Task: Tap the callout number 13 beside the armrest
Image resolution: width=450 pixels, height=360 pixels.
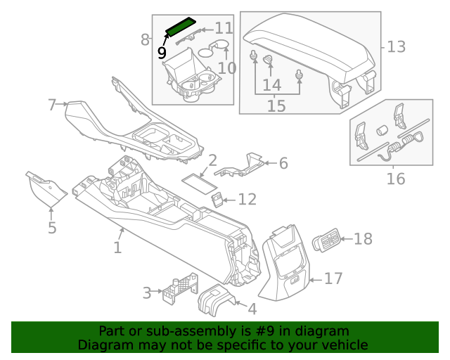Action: pyautogui.click(x=396, y=47)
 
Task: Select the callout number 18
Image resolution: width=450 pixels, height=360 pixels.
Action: pyautogui.click(x=363, y=239)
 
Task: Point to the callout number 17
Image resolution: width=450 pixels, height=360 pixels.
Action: pyautogui.click(x=333, y=279)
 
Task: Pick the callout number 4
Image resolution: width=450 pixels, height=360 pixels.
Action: pyautogui.click(x=252, y=307)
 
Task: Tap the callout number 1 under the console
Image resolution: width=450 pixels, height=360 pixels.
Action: pyautogui.click(x=117, y=247)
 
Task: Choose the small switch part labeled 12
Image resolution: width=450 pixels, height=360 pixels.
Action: pyautogui.click(x=219, y=200)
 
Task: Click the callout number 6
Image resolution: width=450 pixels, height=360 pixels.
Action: pyautogui.click(x=283, y=163)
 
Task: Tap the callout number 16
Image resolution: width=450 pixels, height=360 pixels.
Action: pyautogui.click(x=396, y=179)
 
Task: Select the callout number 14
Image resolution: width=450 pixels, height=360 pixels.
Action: pyautogui.click(x=272, y=85)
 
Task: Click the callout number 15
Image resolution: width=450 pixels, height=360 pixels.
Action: pyautogui.click(x=276, y=105)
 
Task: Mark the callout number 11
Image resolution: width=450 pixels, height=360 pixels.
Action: pyautogui.click(x=224, y=28)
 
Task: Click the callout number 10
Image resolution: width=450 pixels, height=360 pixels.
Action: pyautogui.click(x=226, y=68)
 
